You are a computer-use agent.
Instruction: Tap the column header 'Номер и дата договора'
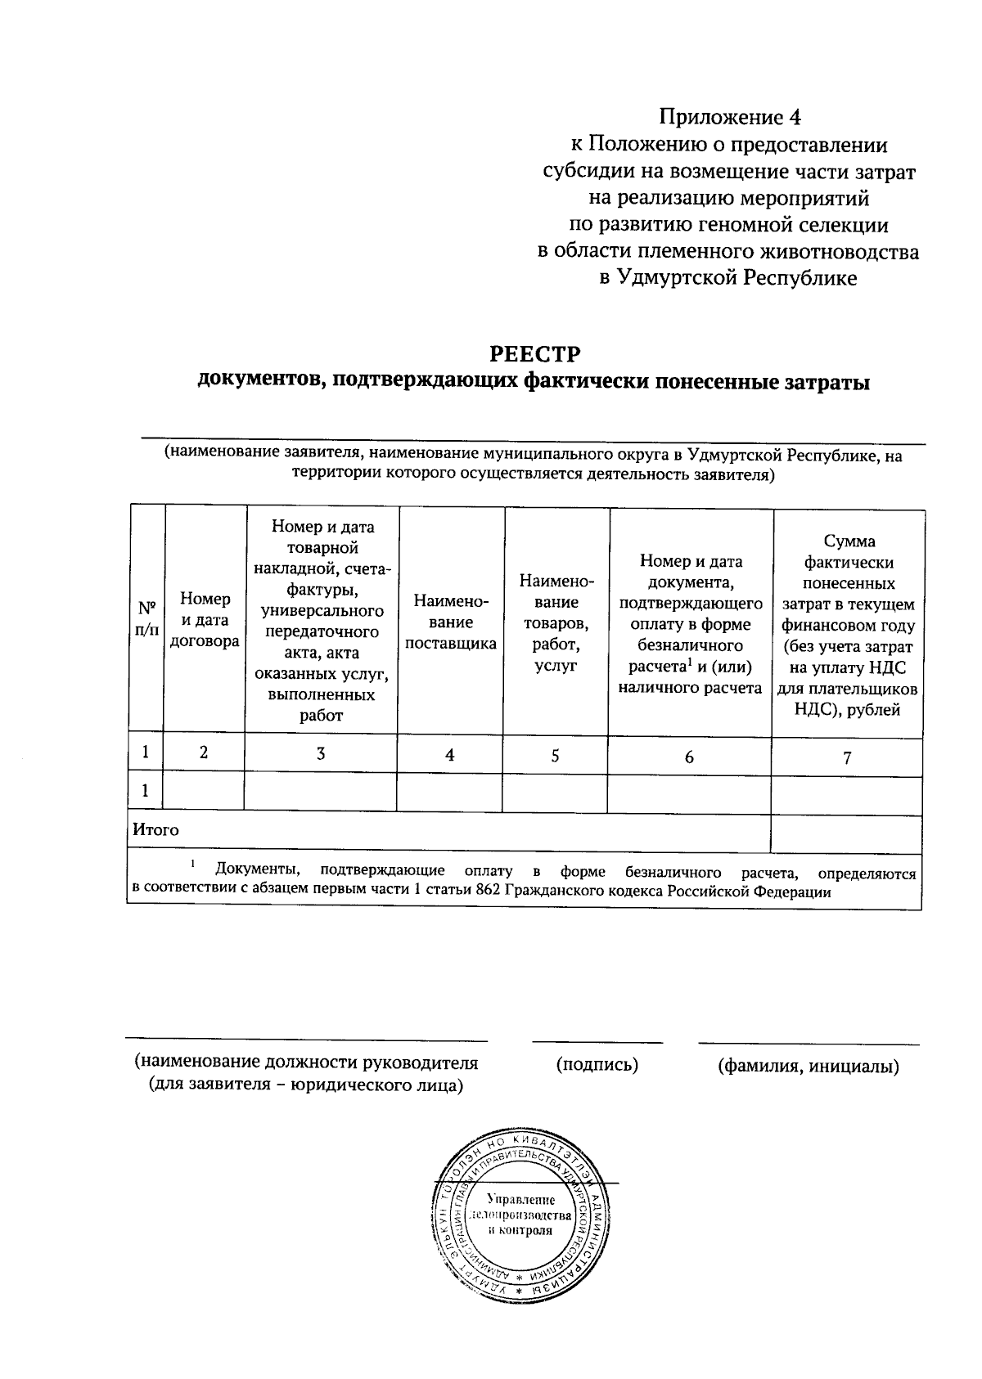pos(205,620)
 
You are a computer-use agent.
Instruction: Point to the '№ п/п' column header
pos(146,620)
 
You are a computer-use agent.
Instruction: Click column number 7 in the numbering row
pos(847,757)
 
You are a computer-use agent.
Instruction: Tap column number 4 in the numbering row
pos(449,755)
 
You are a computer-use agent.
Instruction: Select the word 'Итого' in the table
pos(155,830)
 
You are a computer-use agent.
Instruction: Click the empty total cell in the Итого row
pos(846,833)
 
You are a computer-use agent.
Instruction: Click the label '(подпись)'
pos(597,1065)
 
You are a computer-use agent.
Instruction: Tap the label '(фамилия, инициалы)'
pos(808,1067)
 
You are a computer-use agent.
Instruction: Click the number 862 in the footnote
pos(488,892)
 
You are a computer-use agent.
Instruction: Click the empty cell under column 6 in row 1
pos(689,794)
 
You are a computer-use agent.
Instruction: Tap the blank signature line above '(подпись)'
pos(597,1042)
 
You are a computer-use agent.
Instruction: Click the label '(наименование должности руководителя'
pos(306,1063)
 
